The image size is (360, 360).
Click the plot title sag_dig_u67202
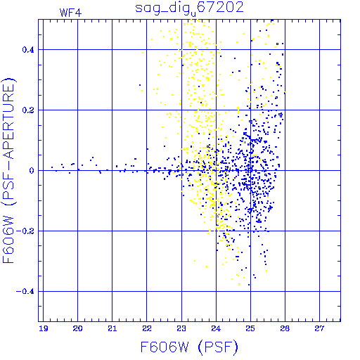[x=189, y=8]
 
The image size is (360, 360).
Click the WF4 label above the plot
[x=70, y=13]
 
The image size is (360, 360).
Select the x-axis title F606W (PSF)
[x=189, y=347]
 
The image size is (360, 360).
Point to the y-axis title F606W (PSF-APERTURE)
[x=8, y=170]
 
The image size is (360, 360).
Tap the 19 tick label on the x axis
[x=44, y=328]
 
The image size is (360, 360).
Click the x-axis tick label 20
[x=77, y=328]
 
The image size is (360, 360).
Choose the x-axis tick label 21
[x=112, y=328]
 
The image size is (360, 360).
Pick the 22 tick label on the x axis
[x=147, y=328]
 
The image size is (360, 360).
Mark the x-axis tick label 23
[x=181, y=328]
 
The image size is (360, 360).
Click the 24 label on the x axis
[x=216, y=328]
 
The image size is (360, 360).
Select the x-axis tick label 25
[x=250, y=328]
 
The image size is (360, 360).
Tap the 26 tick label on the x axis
[x=285, y=328]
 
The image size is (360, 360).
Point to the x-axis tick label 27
[x=319, y=328]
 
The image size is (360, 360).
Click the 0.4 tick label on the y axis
[x=28, y=50]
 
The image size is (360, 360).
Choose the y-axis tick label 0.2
[x=28, y=110]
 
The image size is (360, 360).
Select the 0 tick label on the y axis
[x=32, y=171]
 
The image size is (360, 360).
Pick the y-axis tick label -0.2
[x=25, y=231]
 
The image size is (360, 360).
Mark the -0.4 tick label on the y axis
[x=25, y=292]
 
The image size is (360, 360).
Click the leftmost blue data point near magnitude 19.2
[x=52, y=167]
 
